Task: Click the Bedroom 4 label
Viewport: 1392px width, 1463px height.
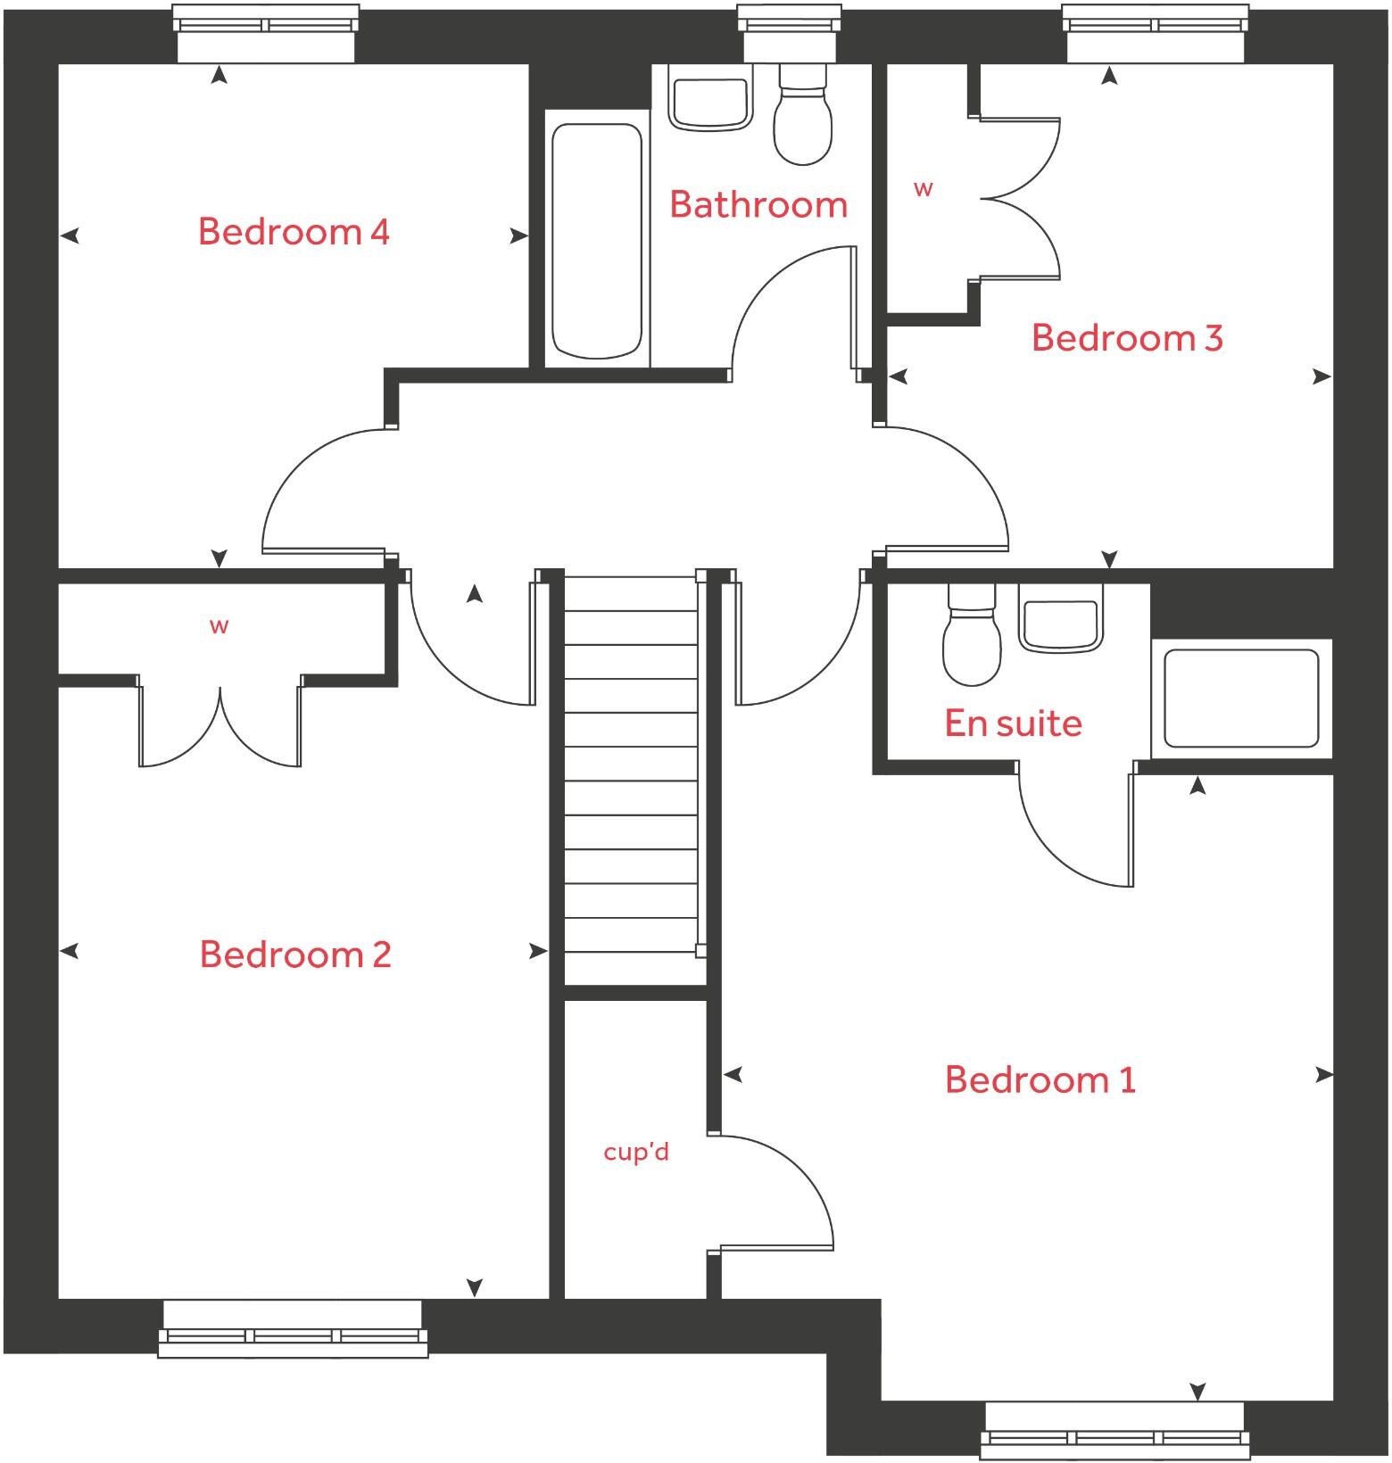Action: click(x=294, y=232)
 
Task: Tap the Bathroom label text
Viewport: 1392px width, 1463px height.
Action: click(x=758, y=205)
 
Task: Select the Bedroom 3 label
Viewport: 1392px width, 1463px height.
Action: click(x=1127, y=338)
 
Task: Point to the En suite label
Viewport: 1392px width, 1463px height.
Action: click(x=1013, y=723)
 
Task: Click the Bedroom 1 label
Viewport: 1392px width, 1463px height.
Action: click(x=1040, y=1080)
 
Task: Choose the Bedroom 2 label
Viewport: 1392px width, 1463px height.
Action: click(x=295, y=955)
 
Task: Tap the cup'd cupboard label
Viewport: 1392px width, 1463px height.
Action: click(x=635, y=1153)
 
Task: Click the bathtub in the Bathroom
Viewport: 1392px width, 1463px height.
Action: click(x=597, y=241)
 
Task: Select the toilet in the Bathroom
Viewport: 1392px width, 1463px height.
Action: click(x=803, y=120)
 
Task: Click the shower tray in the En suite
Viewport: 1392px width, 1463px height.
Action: click(x=1241, y=698)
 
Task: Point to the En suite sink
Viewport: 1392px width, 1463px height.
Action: click(x=1059, y=624)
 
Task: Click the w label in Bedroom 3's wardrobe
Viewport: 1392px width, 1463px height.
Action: click(x=924, y=189)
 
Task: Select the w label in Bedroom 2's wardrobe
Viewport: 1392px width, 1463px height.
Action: click(x=220, y=626)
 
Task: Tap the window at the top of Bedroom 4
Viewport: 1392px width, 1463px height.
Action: click(x=266, y=34)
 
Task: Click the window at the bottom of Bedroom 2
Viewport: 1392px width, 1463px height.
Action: click(x=293, y=1328)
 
